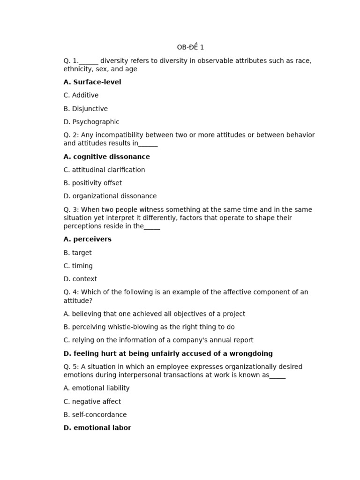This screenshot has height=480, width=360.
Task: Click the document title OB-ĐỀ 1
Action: tap(190, 47)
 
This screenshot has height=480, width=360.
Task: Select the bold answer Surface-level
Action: tap(92, 82)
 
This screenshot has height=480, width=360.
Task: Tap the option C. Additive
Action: tap(81, 95)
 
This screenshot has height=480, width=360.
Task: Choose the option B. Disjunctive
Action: tap(86, 109)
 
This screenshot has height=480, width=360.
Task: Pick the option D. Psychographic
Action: tap(91, 122)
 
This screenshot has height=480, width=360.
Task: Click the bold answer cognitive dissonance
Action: tap(107, 157)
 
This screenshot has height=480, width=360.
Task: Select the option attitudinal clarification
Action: tap(105, 170)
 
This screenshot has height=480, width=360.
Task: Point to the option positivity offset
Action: tap(93, 183)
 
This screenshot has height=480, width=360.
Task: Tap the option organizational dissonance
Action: tap(110, 196)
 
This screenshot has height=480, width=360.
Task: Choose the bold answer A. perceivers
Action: tap(88, 239)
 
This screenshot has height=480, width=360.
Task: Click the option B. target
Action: tap(78, 253)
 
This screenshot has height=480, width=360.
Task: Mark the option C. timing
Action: tap(78, 266)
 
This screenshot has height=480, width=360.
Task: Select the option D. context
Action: tap(80, 279)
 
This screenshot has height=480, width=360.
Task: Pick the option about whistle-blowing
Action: tap(149, 327)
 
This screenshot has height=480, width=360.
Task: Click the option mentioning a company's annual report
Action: tap(158, 340)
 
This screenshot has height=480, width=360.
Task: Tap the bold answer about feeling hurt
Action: tap(168, 353)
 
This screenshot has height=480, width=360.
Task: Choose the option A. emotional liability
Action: tap(97, 388)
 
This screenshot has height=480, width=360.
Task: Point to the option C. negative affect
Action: tap(92, 402)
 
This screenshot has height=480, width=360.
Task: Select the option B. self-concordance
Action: tap(95, 415)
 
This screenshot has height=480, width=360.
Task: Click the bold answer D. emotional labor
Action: tap(97, 427)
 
